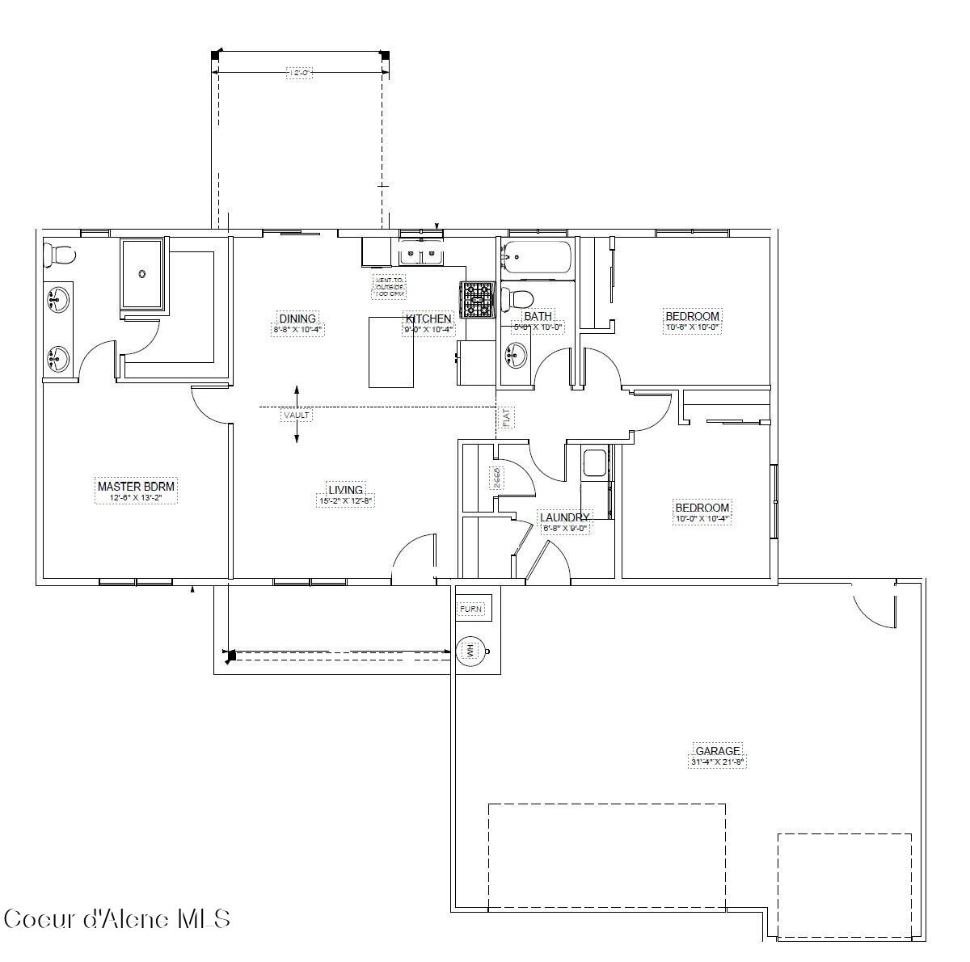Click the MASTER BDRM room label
(x=136, y=486)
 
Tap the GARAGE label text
(x=718, y=751)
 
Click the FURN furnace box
(x=473, y=609)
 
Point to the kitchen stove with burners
(x=478, y=299)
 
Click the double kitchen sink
(x=421, y=255)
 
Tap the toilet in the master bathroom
(x=58, y=255)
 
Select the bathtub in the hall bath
(x=536, y=258)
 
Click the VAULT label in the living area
(x=297, y=415)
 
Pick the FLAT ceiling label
(x=506, y=417)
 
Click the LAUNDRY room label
(x=564, y=517)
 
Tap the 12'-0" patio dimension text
(x=299, y=73)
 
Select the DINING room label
(x=297, y=319)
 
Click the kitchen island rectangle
(x=391, y=352)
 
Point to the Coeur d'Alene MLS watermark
(x=117, y=919)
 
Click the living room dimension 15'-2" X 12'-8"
(x=345, y=501)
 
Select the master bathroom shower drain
(x=143, y=273)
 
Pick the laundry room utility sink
(x=594, y=463)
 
